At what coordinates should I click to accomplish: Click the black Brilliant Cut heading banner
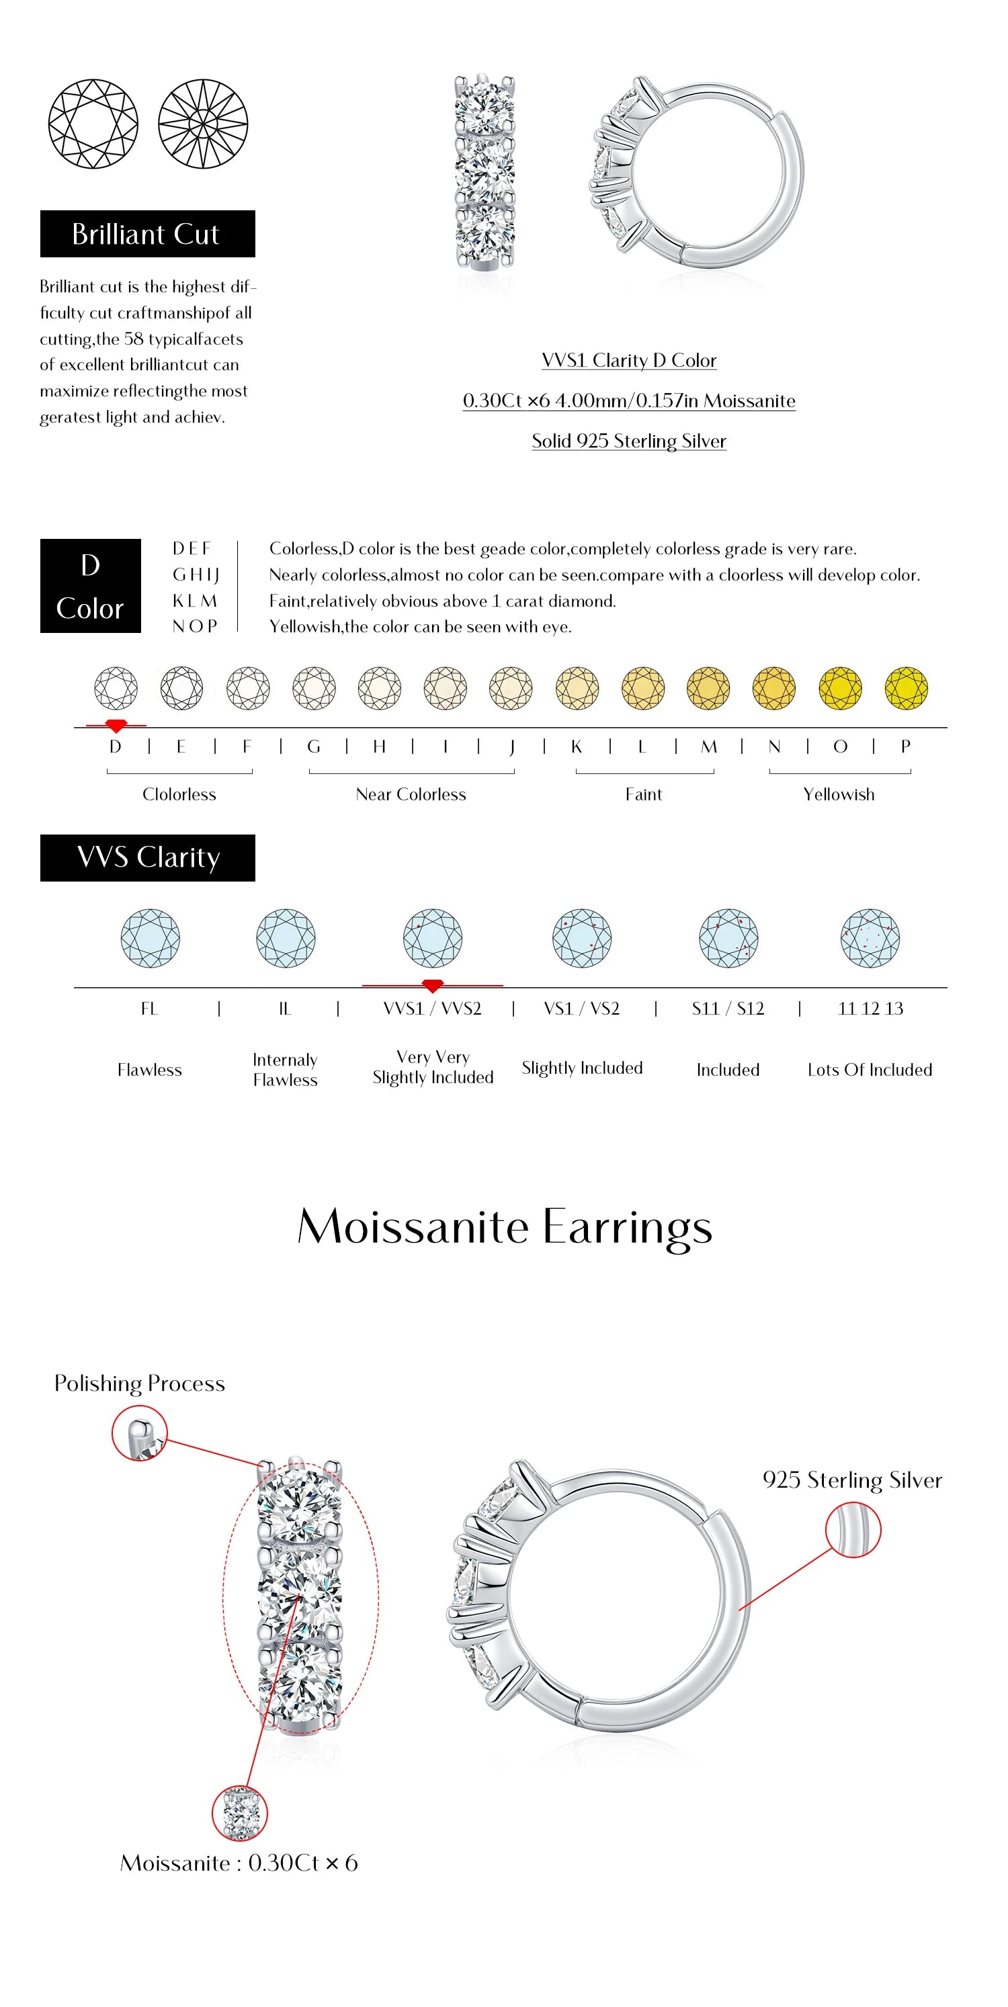pyautogui.click(x=147, y=234)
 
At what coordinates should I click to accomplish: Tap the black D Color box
pyautogui.click(x=90, y=586)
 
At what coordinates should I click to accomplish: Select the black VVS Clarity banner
pyautogui.click(x=147, y=858)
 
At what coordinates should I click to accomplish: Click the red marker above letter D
pyautogui.click(x=116, y=726)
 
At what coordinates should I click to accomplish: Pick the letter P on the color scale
pyautogui.click(x=905, y=746)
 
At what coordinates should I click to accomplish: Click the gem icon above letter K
pyautogui.click(x=577, y=689)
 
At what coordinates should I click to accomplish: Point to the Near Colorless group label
pyautogui.click(x=411, y=795)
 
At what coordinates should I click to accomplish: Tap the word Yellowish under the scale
pyautogui.click(x=838, y=795)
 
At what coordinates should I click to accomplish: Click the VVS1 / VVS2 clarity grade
pyautogui.click(x=432, y=1009)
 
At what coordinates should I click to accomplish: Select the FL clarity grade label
pyautogui.click(x=150, y=1009)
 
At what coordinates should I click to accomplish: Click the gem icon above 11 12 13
pyautogui.click(x=870, y=938)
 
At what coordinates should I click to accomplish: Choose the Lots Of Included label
pyautogui.click(x=870, y=1070)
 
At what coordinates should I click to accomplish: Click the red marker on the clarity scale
pyautogui.click(x=432, y=986)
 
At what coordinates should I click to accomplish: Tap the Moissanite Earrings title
pyautogui.click(x=504, y=1227)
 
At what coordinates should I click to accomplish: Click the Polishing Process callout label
pyautogui.click(x=139, y=1383)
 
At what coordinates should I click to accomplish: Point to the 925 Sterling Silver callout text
pyautogui.click(x=852, y=1480)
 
